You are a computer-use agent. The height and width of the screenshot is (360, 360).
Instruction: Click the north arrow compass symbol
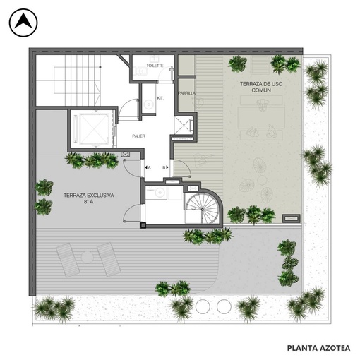tap(23, 23)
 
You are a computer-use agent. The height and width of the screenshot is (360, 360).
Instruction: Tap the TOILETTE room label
tap(155, 66)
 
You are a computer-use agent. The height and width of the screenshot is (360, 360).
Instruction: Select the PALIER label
tap(138, 136)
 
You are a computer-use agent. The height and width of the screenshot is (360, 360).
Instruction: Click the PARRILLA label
tap(186, 93)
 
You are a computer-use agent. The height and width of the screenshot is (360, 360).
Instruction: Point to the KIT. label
tap(160, 98)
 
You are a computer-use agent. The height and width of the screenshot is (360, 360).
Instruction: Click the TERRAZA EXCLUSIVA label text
tap(89, 198)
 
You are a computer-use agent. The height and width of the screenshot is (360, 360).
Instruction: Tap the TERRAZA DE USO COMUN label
tap(261, 87)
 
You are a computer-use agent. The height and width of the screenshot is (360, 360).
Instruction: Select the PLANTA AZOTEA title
tap(318, 348)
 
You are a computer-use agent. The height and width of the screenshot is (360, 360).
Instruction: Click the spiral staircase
tap(203, 208)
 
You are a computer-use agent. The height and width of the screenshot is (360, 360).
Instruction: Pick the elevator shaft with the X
tap(94, 128)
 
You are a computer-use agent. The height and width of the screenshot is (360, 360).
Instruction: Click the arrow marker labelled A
tap(148, 167)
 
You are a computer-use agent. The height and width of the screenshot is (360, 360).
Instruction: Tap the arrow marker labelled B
tap(165, 167)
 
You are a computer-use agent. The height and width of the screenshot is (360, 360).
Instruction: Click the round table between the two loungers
tap(87, 257)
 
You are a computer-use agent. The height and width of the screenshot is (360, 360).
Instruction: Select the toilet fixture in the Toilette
tap(140, 71)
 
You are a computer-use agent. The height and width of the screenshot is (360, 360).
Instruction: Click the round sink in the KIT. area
tap(148, 104)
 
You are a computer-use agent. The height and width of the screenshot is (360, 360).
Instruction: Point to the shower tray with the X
tap(182, 126)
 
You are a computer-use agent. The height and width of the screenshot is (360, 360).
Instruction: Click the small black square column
tap(143, 225)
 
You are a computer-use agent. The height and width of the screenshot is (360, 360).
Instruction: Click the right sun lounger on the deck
tap(109, 260)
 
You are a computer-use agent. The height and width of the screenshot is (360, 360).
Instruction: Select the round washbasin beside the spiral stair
tap(160, 193)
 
